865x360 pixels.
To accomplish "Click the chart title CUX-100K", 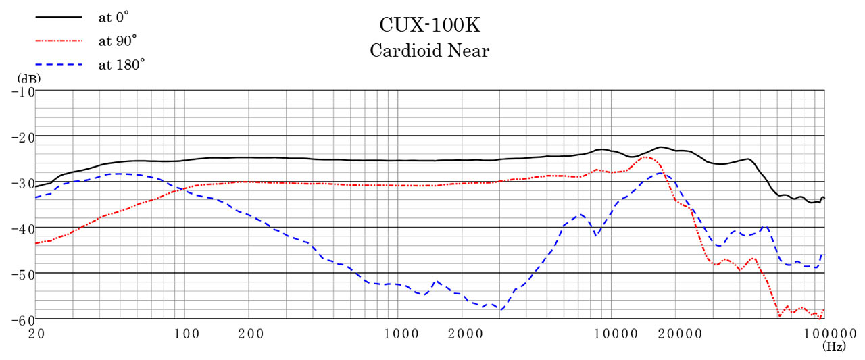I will point(430,26).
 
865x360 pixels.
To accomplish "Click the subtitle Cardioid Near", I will point(430,51).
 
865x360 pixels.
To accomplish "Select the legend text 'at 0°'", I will point(114,18).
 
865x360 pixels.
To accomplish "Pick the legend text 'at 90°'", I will point(116,41).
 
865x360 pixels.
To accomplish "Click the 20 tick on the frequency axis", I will point(36,333).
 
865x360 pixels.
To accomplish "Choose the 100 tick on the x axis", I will point(185,333).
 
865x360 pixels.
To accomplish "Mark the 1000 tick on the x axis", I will point(399,333).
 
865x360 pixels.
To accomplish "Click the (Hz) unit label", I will point(834,346).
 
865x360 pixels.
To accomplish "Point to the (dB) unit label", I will point(28,78).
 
